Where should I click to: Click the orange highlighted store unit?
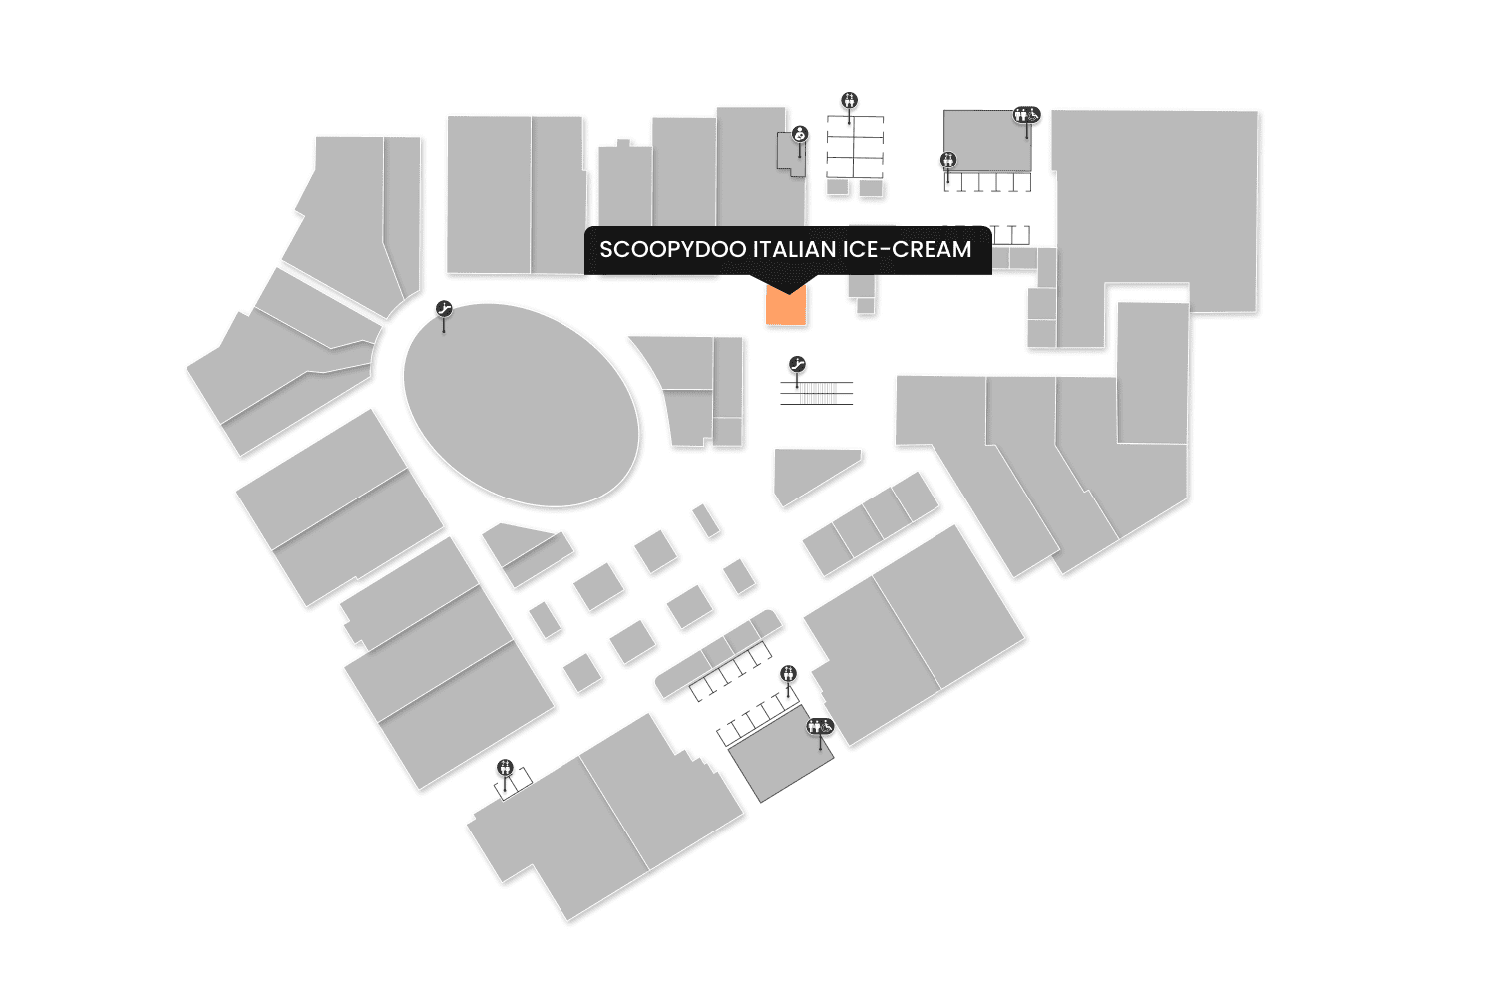tap(785, 309)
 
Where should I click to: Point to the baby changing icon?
tap(800, 134)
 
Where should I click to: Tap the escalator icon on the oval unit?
tap(444, 309)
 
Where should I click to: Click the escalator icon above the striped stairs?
tap(796, 364)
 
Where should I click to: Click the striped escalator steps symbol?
tap(817, 393)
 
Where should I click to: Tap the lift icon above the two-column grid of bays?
tap(849, 100)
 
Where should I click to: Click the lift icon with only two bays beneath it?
tap(506, 767)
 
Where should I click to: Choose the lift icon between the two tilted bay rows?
tap(789, 673)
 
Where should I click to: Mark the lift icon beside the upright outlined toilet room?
tap(948, 159)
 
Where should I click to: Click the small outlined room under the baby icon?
tap(790, 155)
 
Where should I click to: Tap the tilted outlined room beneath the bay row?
tap(780, 758)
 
